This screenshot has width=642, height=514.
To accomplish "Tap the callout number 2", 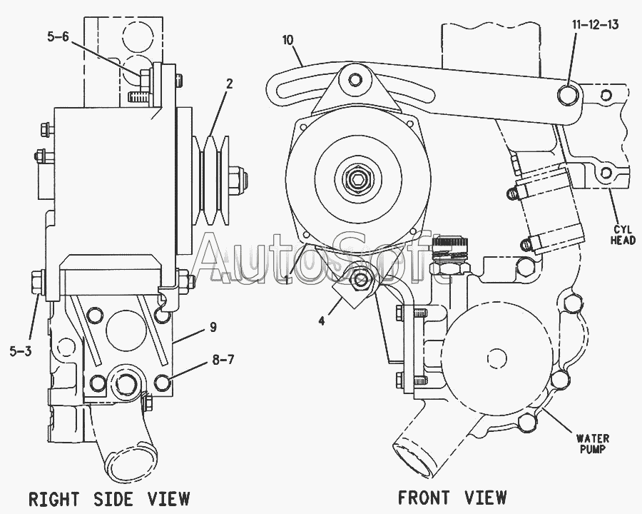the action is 229,83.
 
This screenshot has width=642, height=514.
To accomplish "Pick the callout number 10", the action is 288,40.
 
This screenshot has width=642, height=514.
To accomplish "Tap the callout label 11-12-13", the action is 594,24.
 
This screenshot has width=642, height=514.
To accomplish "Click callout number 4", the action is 322,321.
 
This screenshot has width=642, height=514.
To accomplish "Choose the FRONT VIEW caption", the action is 452,497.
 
